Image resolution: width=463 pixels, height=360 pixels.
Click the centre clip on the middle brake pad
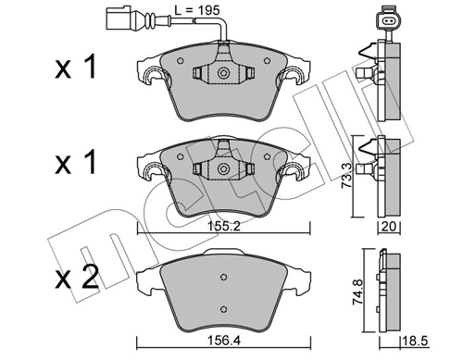click(x=222, y=169)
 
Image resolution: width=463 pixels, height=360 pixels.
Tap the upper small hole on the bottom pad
click(x=223, y=276)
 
